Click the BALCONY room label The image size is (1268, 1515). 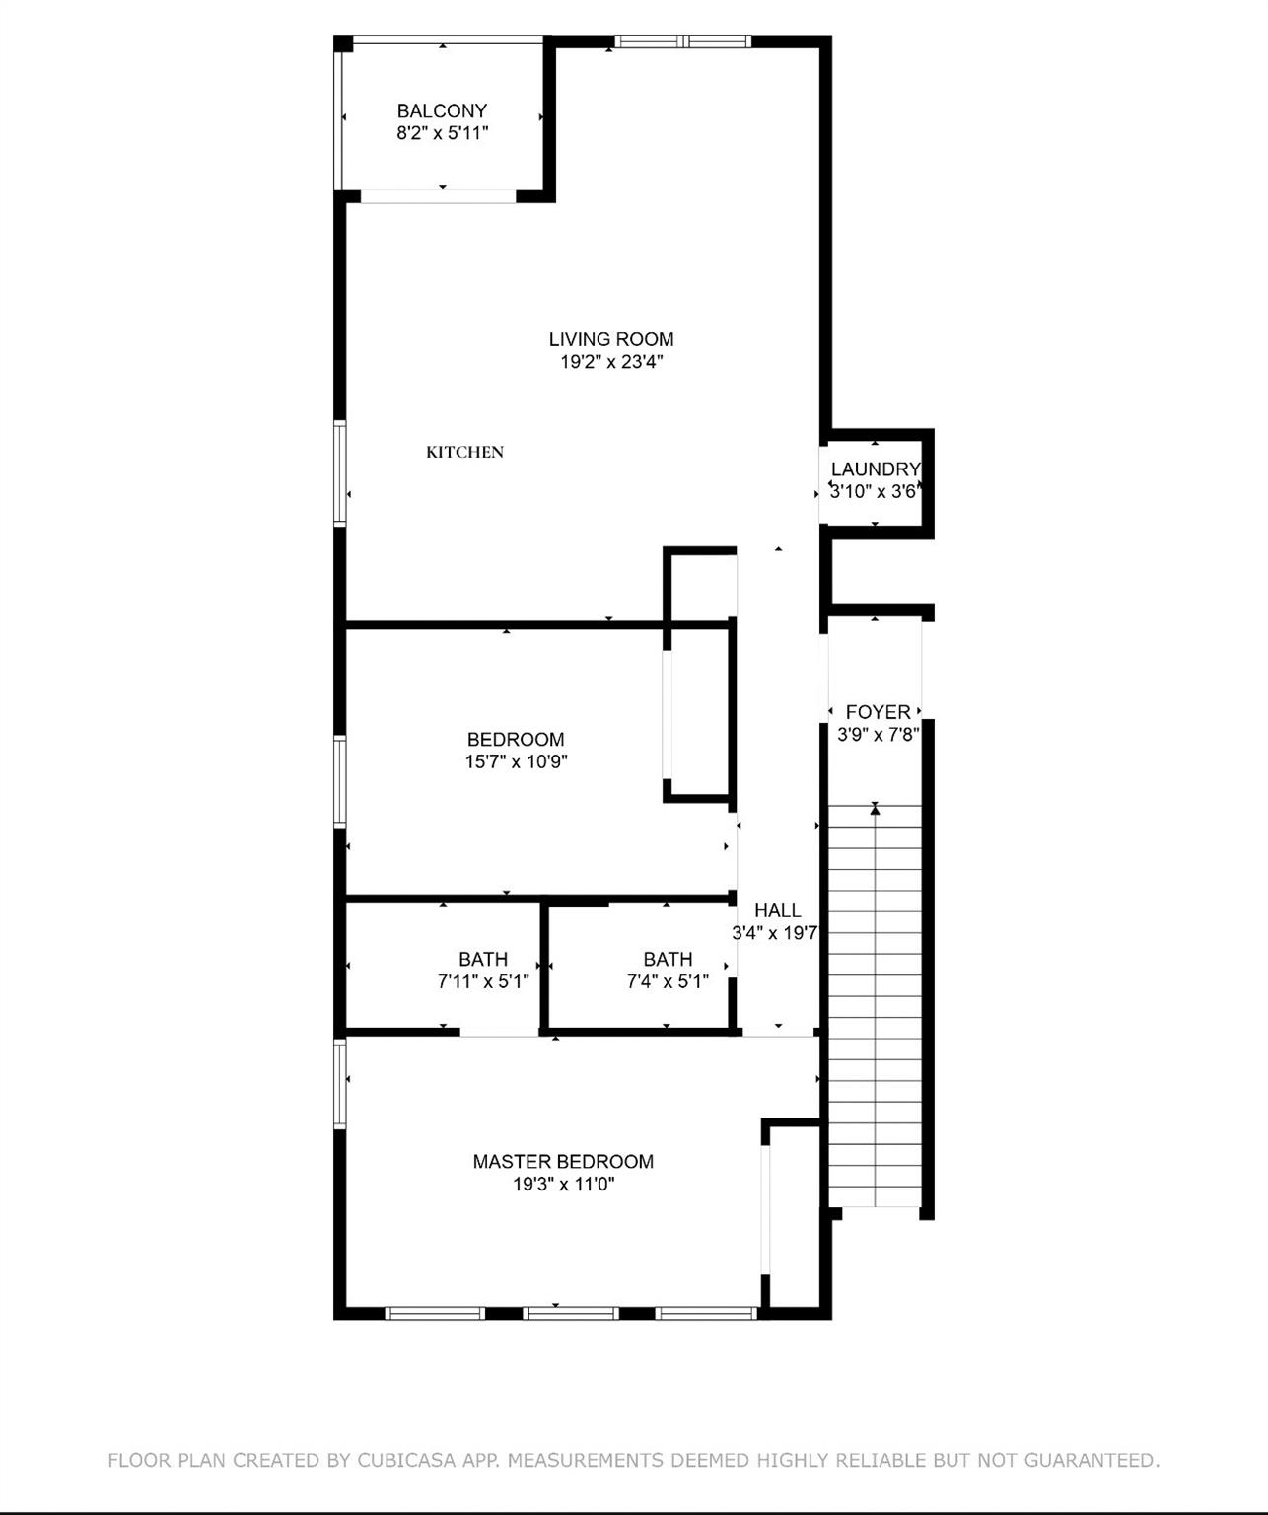pos(442,111)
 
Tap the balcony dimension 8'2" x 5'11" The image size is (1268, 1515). pos(442,134)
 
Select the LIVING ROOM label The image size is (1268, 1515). pos(611,339)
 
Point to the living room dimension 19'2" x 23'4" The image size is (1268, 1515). pos(611,362)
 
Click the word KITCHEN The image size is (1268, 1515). pos(464,452)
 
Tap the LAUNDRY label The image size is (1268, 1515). pos(876,469)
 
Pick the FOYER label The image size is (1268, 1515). pos(878,712)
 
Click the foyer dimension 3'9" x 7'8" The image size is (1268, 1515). pos(878,735)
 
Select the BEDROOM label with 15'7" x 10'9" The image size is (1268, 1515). pos(516,740)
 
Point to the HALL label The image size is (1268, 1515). pos(777,910)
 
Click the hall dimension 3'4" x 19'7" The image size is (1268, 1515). pos(775,933)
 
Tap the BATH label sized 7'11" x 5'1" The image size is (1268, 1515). pos(483,959)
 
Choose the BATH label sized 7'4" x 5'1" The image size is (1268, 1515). pos(668,959)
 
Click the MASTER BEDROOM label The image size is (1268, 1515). pos(563,1162)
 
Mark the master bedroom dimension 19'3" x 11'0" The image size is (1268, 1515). pos(563,1185)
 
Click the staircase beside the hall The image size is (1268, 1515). pos(875,1006)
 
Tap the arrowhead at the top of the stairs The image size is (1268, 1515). pos(875,810)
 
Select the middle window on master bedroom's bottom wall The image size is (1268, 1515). pos(570,1313)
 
